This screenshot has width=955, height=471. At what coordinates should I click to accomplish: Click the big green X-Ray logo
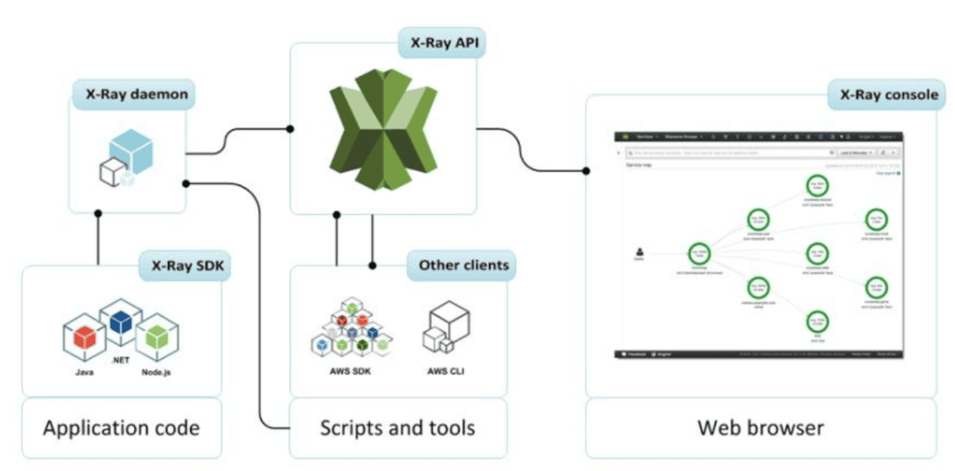pos(382,128)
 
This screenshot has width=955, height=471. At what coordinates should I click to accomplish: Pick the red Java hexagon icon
pos(85,336)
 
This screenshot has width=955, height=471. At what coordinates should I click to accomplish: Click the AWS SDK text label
pos(350,371)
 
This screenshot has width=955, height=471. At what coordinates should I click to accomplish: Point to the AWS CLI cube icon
pos(446,328)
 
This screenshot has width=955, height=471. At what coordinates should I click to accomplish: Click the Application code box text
pos(121,427)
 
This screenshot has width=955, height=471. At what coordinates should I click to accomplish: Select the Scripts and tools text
pos(397,427)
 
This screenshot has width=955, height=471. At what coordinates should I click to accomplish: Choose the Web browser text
pos(760,427)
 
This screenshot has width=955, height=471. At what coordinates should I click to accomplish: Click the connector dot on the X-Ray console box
pos(586,169)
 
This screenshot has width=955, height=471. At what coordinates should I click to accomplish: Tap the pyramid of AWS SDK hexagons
pos(351,328)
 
